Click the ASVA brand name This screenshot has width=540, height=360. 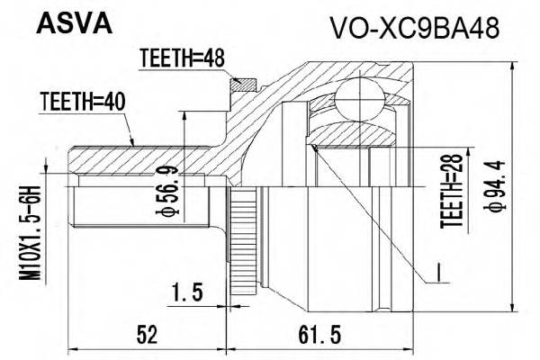(73, 22)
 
